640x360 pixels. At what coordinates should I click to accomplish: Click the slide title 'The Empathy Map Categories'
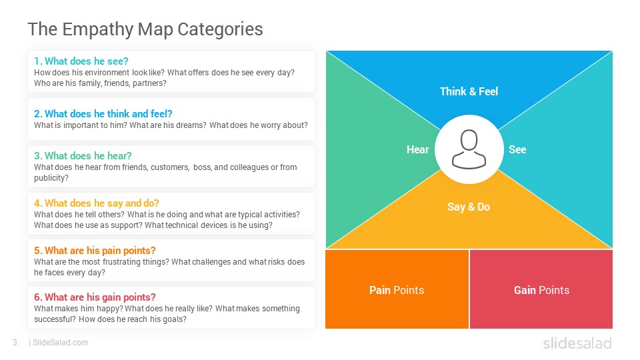coord(145,29)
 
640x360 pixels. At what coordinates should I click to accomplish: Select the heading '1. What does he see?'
coord(81,61)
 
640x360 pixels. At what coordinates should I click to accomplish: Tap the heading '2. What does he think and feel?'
coord(103,113)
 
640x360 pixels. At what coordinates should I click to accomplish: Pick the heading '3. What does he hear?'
coord(83,155)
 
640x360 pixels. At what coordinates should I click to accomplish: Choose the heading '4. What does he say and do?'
coord(96,203)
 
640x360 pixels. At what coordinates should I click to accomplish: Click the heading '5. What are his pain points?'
coord(95,250)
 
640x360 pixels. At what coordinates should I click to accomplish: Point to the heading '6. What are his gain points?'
coord(95,297)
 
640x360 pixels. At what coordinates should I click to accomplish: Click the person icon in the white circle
coord(469,149)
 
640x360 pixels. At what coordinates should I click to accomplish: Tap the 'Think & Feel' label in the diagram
coord(469,91)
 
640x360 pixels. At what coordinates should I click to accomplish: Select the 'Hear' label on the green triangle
coord(417,149)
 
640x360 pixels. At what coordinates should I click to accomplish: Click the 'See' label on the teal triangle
coord(517,149)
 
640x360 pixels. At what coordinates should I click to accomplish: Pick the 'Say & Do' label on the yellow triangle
coord(469,207)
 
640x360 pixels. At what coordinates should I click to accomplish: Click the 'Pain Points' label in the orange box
coord(397,290)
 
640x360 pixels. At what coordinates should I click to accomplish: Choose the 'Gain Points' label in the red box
coord(541,290)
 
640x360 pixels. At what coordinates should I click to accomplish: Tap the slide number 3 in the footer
coord(15,343)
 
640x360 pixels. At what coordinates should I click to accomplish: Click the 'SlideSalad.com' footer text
coord(61,343)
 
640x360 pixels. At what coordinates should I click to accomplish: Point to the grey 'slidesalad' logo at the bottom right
coord(577,343)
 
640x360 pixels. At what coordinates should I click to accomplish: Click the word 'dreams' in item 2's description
coord(191,125)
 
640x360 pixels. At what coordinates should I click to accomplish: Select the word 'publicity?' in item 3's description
coord(51,178)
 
